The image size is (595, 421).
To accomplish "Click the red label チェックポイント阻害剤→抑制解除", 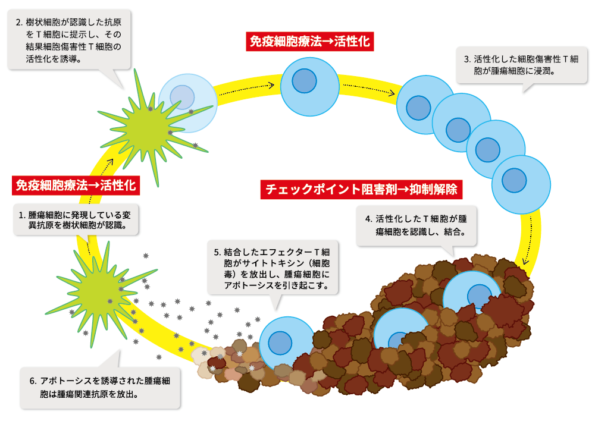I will (x=361, y=190).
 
